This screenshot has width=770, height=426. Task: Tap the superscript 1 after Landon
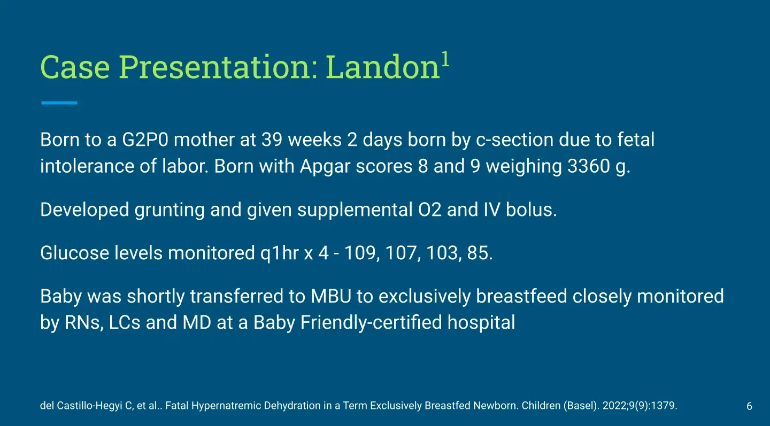tap(445, 59)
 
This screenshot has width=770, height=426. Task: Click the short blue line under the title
tap(59, 103)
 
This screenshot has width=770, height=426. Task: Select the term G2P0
tap(145, 140)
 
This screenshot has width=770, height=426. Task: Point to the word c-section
tap(514, 140)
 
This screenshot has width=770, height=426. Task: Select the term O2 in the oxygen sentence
tap(430, 210)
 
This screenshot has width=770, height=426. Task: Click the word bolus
tap(531, 210)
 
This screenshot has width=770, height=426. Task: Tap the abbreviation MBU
tap(331, 297)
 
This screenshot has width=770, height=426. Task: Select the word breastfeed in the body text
tap(521, 297)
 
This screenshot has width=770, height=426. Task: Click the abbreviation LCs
tap(125, 323)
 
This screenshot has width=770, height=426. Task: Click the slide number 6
tap(749, 406)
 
